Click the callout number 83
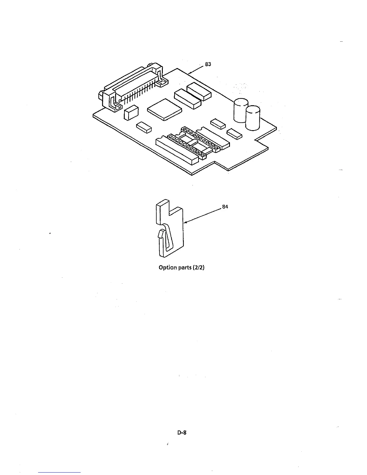[x=208, y=64]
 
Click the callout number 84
[x=225, y=207]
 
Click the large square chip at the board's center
[x=164, y=109]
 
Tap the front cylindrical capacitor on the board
[x=253, y=118]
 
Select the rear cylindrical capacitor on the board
[x=240, y=110]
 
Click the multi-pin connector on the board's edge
[x=133, y=85]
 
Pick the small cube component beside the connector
[x=131, y=112]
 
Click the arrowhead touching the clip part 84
[x=185, y=222]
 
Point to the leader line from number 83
[x=196, y=69]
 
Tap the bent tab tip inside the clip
[x=161, y=234]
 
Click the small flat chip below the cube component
[x=144, y=127]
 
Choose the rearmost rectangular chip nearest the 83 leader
[x=199, y=91]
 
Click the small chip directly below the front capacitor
[x=234, y=134]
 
